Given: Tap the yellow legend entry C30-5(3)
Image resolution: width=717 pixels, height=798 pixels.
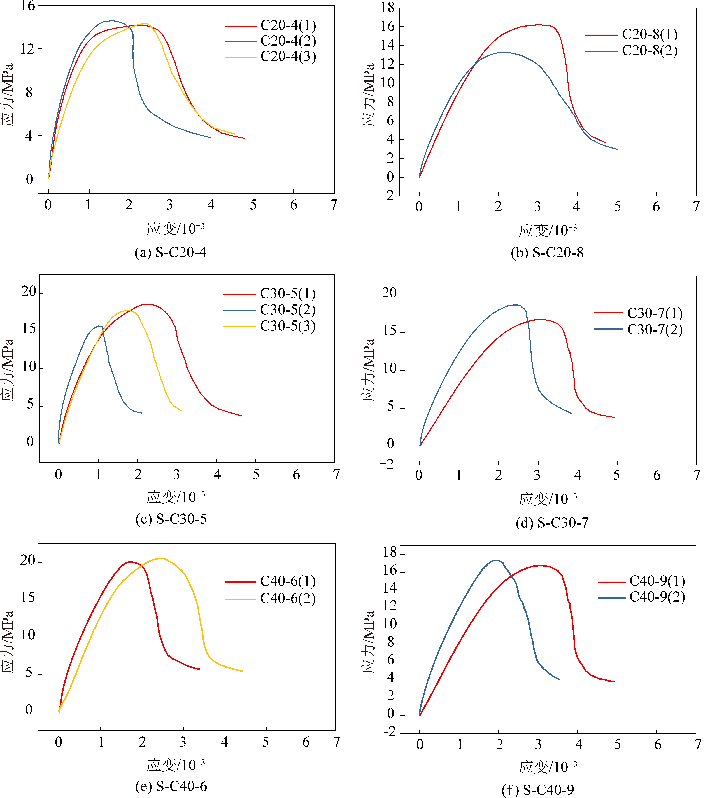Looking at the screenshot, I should click(x=288, y=326).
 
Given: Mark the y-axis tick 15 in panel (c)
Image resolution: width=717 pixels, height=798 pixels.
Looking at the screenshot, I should click(x=29, y=329).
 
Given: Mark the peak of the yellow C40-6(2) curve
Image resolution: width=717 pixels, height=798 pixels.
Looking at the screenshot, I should click(x=161, y=558).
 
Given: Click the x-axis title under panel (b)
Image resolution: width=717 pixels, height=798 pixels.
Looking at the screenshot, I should click(x=548, y=231).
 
